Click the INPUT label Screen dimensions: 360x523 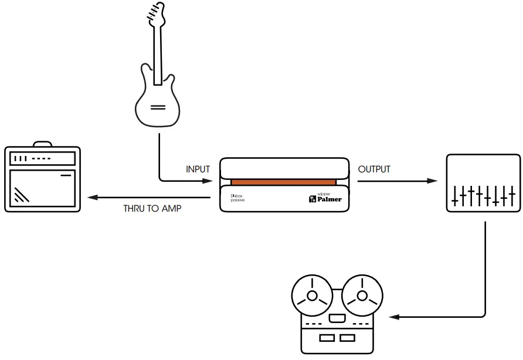point(198,169)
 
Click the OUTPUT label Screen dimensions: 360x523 point(374,169)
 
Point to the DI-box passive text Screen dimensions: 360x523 point(237,198)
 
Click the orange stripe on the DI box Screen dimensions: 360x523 point(283,182)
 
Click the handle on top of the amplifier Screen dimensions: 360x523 point(42,144)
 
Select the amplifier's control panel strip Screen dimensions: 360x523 point(42,159)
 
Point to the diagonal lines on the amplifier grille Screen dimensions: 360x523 point(22,194)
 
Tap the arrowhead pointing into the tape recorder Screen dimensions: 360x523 point(395,317)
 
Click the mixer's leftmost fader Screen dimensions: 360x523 point(456,195)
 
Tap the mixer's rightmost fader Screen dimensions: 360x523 point(512,195)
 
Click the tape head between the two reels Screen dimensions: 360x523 point(337,318)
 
